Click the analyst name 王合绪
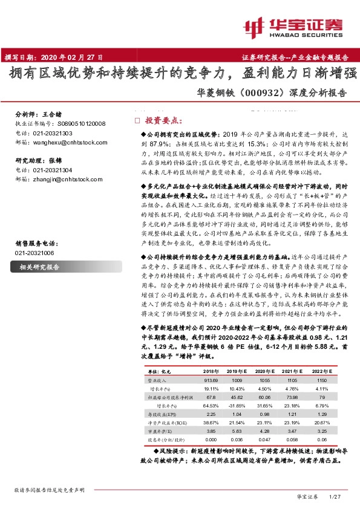click(53, 114)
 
